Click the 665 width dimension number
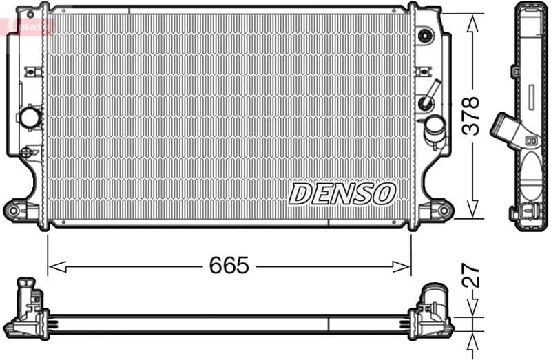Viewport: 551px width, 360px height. pos(229,266)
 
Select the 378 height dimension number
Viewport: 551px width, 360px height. pos(470,116)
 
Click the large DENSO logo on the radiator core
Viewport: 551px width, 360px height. pos(342,193)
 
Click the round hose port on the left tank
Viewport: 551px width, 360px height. pos(30,117)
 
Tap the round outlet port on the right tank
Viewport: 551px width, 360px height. pos(435,127)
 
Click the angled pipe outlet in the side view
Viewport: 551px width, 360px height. pos(506,130)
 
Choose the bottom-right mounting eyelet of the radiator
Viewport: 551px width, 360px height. pos(443,209)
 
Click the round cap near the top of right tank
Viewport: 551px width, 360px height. pos(425,34)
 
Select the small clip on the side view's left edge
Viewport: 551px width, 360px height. pos(516,71)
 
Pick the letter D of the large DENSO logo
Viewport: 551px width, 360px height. pos(301,194)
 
